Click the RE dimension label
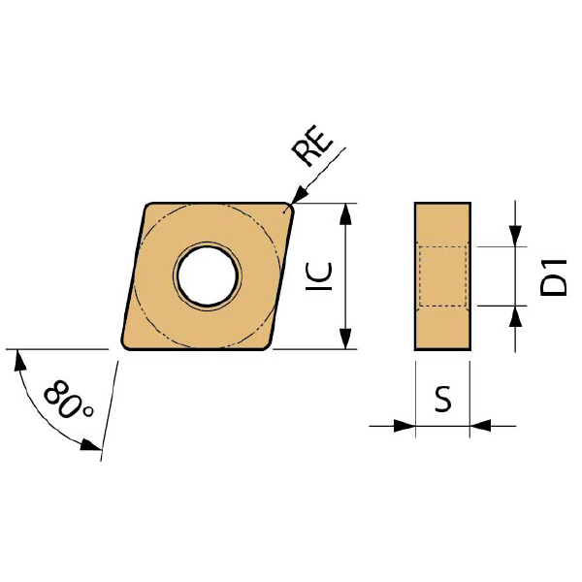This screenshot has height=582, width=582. pyautogui.click(x=312, y=145)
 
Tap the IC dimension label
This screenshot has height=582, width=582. pyautogui.click(x=318, y=276)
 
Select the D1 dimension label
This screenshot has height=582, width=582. pyautogui.click(x=554, y=277)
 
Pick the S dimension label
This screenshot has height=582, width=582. pyautogui.click(x=443, y=399)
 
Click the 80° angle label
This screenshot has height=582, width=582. pyautogui.click(x=69, y=400)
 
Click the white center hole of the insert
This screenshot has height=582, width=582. pyautogui.click(x=208, y=275)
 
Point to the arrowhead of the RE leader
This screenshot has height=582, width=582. pyautogui.click(x=299, y=196)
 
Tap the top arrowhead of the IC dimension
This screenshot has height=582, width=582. pyautogui.click(x=345, y=214)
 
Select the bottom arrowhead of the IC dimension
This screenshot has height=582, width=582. pyautogui.click(x=345, y=339)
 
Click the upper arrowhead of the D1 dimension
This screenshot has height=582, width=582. pyautogui.click(x=515, y=236)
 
